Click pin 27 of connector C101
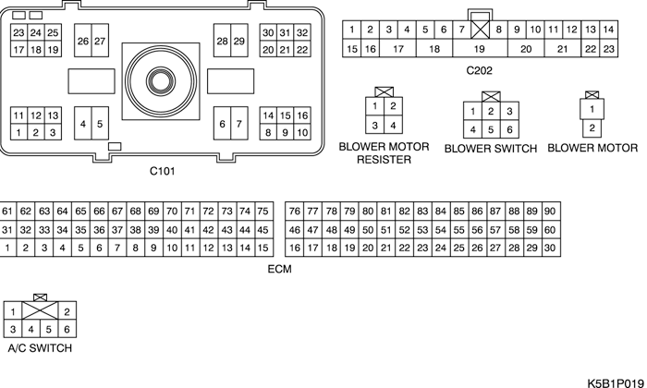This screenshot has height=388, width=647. point(100,42)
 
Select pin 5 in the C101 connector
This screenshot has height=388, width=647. point(100,124)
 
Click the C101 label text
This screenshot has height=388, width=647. point(163,171)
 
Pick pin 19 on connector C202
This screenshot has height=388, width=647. point(480,48)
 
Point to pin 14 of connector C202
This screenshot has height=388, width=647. point(608,30)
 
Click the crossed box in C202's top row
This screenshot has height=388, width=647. point(480,29)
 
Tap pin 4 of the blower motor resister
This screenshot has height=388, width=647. point(394,126)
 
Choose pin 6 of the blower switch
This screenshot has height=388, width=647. point(510,130)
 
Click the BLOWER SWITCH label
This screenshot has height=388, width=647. point(490,148)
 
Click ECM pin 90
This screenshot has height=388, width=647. point(549,211)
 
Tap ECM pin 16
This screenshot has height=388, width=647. point(295,248)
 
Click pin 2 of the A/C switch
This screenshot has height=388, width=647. point(67,310)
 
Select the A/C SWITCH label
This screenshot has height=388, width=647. point(39,348)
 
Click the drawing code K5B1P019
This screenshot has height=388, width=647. point(614,380)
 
